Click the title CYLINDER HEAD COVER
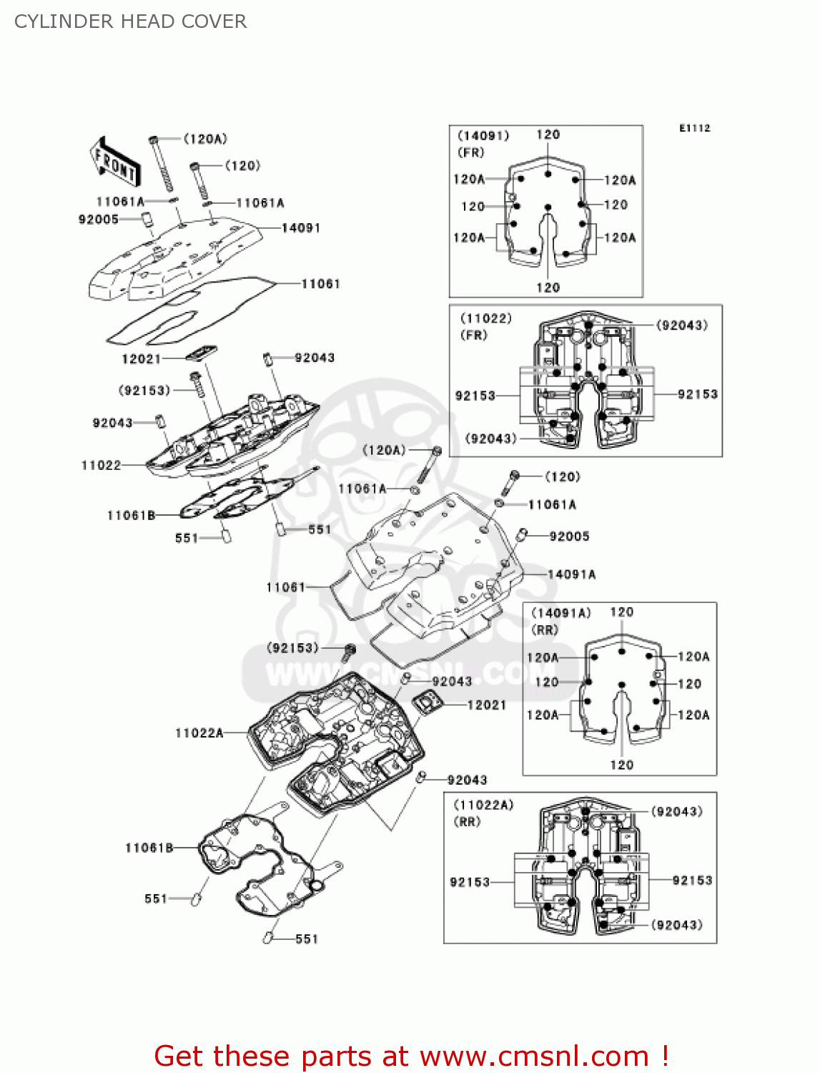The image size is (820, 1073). click(131, 21)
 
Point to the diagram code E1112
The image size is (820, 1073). click(694, 128)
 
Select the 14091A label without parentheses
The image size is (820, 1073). click(571, 574)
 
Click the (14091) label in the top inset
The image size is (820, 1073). click(483, 135)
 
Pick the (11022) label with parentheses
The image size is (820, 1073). click(486, 318)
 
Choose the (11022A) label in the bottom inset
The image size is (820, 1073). click(483, 805)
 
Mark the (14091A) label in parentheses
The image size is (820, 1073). click(561, 613)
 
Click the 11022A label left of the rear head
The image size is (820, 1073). click(199, 733)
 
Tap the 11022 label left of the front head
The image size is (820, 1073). click(101, 465)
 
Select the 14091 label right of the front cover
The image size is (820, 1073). click(301, 227)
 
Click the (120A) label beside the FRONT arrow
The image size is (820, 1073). click(205, 139)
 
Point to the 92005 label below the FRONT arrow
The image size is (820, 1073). click(99, 219)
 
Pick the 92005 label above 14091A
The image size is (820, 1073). click(569, 536)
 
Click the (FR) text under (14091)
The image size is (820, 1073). click(471, 152)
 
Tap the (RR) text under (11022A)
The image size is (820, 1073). click(468, 822)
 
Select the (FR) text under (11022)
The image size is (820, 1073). click(474, 335)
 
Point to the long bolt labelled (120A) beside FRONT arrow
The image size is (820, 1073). click(162, 165)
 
